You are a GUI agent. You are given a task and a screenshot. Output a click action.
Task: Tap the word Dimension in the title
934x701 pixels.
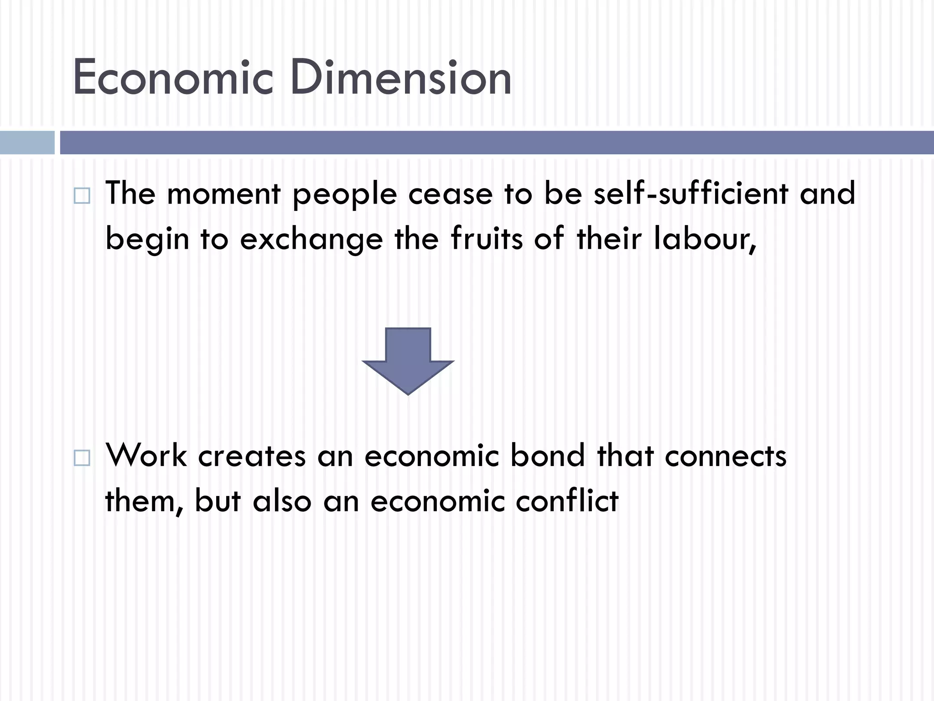tap(400, 78)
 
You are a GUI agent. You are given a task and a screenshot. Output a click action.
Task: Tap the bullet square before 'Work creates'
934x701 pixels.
tap(82, 458)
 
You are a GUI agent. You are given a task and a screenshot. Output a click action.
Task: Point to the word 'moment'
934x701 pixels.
tap(223, 194)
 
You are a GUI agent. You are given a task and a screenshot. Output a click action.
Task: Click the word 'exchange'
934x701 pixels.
tap(311, 240)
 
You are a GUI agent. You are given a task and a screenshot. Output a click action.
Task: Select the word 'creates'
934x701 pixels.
tap(252, 456)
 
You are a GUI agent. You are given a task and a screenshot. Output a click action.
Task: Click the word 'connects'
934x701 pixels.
tap(726, 456)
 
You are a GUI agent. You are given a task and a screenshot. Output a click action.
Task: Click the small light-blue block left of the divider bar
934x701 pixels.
tap(27, 142)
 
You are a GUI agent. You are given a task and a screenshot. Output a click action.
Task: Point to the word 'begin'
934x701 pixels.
tap(147, 240)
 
